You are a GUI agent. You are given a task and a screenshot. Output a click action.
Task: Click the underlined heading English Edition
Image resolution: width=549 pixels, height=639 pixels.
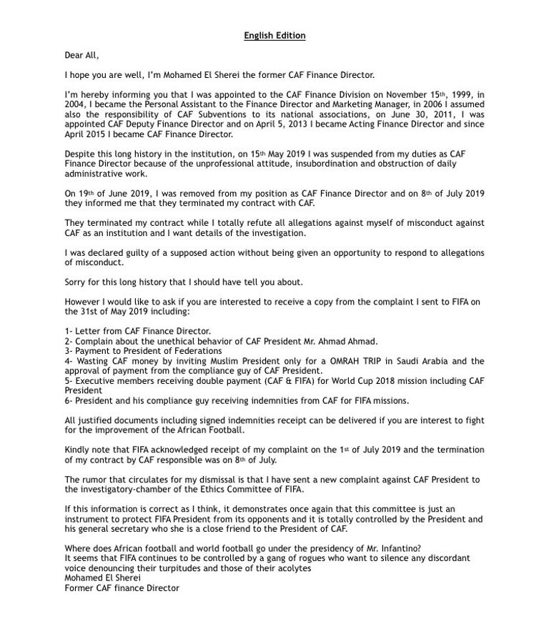[x=274, y=35]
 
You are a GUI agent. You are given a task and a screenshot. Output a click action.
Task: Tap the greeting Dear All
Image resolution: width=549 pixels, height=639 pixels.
[x=81, y=55]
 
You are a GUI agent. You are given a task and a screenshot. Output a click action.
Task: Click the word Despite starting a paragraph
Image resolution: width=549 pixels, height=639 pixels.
[x=80, y=154]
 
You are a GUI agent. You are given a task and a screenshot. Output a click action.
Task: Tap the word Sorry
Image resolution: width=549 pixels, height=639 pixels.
[x=77, y=282]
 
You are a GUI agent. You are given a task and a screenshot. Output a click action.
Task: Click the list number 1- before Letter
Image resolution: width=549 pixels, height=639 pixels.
[x=69, y=332]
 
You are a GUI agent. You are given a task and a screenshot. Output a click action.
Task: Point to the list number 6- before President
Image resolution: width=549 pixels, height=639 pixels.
[x=69, y=401]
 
